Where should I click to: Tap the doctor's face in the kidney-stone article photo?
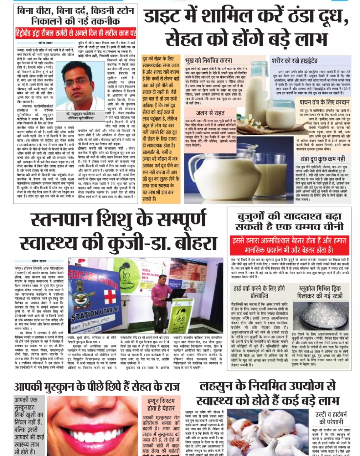(x=82, y=84)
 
